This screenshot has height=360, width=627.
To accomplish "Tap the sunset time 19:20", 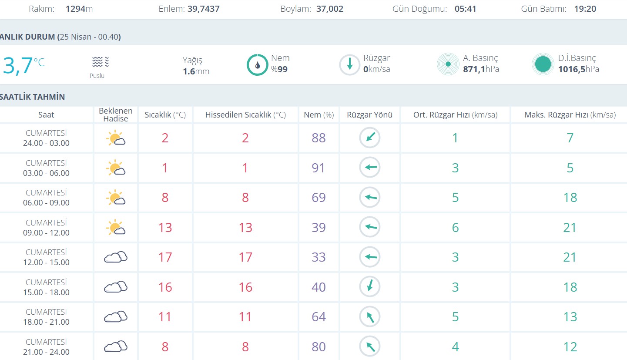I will (x=584, y=9).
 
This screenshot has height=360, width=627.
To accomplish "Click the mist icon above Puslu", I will (x=100, y=62).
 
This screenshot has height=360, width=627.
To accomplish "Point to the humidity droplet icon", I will (x=258, y=65).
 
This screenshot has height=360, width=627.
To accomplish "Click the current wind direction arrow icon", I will (x=349, y=65).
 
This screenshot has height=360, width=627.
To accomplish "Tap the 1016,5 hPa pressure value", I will (x=579, y=69).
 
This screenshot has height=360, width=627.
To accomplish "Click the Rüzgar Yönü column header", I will (x=369, y=115).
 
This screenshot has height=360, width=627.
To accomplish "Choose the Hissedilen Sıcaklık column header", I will (x=245, y=115).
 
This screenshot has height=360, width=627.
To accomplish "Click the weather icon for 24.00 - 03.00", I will (x=116, y=138).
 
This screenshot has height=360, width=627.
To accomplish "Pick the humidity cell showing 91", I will (x=319, y=168).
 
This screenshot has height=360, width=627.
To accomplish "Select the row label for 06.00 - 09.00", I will (x=46, y=198).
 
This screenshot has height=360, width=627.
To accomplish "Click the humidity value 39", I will (x=319, y=228).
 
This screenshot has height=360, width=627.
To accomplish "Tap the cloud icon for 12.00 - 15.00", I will (x=116, y=257).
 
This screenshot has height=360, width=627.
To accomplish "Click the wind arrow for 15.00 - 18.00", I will (x=370, y=287).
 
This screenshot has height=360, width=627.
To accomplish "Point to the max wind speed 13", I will (x=570, y=317).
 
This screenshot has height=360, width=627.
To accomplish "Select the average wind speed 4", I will (x=455, y=347).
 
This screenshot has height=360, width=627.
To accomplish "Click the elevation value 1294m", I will (x=79, y=9).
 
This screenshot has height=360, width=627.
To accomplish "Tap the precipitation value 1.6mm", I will (x=196, y=71).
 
